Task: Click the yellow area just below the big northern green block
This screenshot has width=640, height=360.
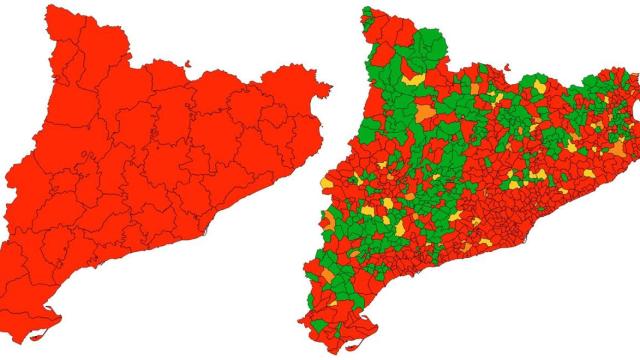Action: (411, 75)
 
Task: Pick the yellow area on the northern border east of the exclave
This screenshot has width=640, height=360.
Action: (540, 87)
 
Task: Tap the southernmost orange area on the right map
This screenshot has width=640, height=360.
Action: (328, 272)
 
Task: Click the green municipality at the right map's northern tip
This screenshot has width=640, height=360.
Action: (369, 15)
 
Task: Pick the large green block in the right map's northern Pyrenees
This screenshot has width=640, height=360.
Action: (428, 45)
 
